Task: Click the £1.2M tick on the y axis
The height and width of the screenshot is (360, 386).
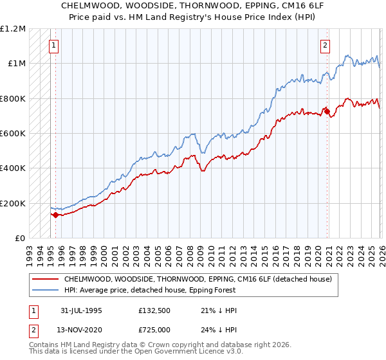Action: click(13, 29)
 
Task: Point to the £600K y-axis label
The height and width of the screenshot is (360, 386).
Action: click(13, 134)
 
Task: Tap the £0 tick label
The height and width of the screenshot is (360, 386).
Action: click(19, 239)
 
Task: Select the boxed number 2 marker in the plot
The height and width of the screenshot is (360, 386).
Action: click(326, 46)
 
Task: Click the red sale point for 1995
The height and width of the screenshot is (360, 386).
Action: click(56, 215)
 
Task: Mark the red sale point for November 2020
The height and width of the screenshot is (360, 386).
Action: click(327, 111)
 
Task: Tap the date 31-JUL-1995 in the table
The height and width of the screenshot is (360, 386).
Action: click(80, 310)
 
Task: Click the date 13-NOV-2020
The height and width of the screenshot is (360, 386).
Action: click(80, 329)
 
